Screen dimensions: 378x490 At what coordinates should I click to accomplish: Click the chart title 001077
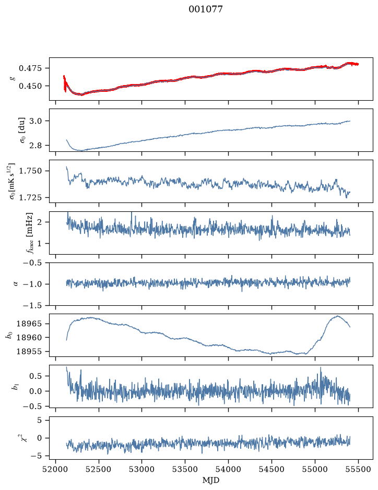coord(205,9)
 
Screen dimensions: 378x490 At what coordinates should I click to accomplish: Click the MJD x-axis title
coord(211,480)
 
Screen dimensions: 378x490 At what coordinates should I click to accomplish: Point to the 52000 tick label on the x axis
coord(55,469)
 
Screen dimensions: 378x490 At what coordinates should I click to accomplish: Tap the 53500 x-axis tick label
coord(185,469)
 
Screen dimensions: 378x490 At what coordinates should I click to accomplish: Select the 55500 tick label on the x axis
coord(358,469)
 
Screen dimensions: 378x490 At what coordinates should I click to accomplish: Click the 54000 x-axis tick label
coord(228,469)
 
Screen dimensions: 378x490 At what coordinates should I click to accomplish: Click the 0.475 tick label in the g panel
coord(30,68)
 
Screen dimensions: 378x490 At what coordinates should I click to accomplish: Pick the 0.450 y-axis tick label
coord(30,86)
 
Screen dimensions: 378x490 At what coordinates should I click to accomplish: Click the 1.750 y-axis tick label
coord(30,171)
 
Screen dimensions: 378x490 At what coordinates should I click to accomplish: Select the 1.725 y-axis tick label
coord(30,197)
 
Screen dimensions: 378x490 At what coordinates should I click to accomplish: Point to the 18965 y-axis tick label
coord(29,324)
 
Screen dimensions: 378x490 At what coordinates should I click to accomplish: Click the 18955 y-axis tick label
coord(29,351)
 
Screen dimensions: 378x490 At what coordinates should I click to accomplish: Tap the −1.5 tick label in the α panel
coord(32,305)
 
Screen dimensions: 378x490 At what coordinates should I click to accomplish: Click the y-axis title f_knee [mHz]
coord(30,233)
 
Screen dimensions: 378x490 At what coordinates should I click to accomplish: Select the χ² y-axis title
coord(24,438)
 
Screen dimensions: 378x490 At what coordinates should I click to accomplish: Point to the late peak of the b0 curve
coord(337,316)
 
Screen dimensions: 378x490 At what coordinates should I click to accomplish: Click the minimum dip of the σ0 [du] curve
coord(81,150)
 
